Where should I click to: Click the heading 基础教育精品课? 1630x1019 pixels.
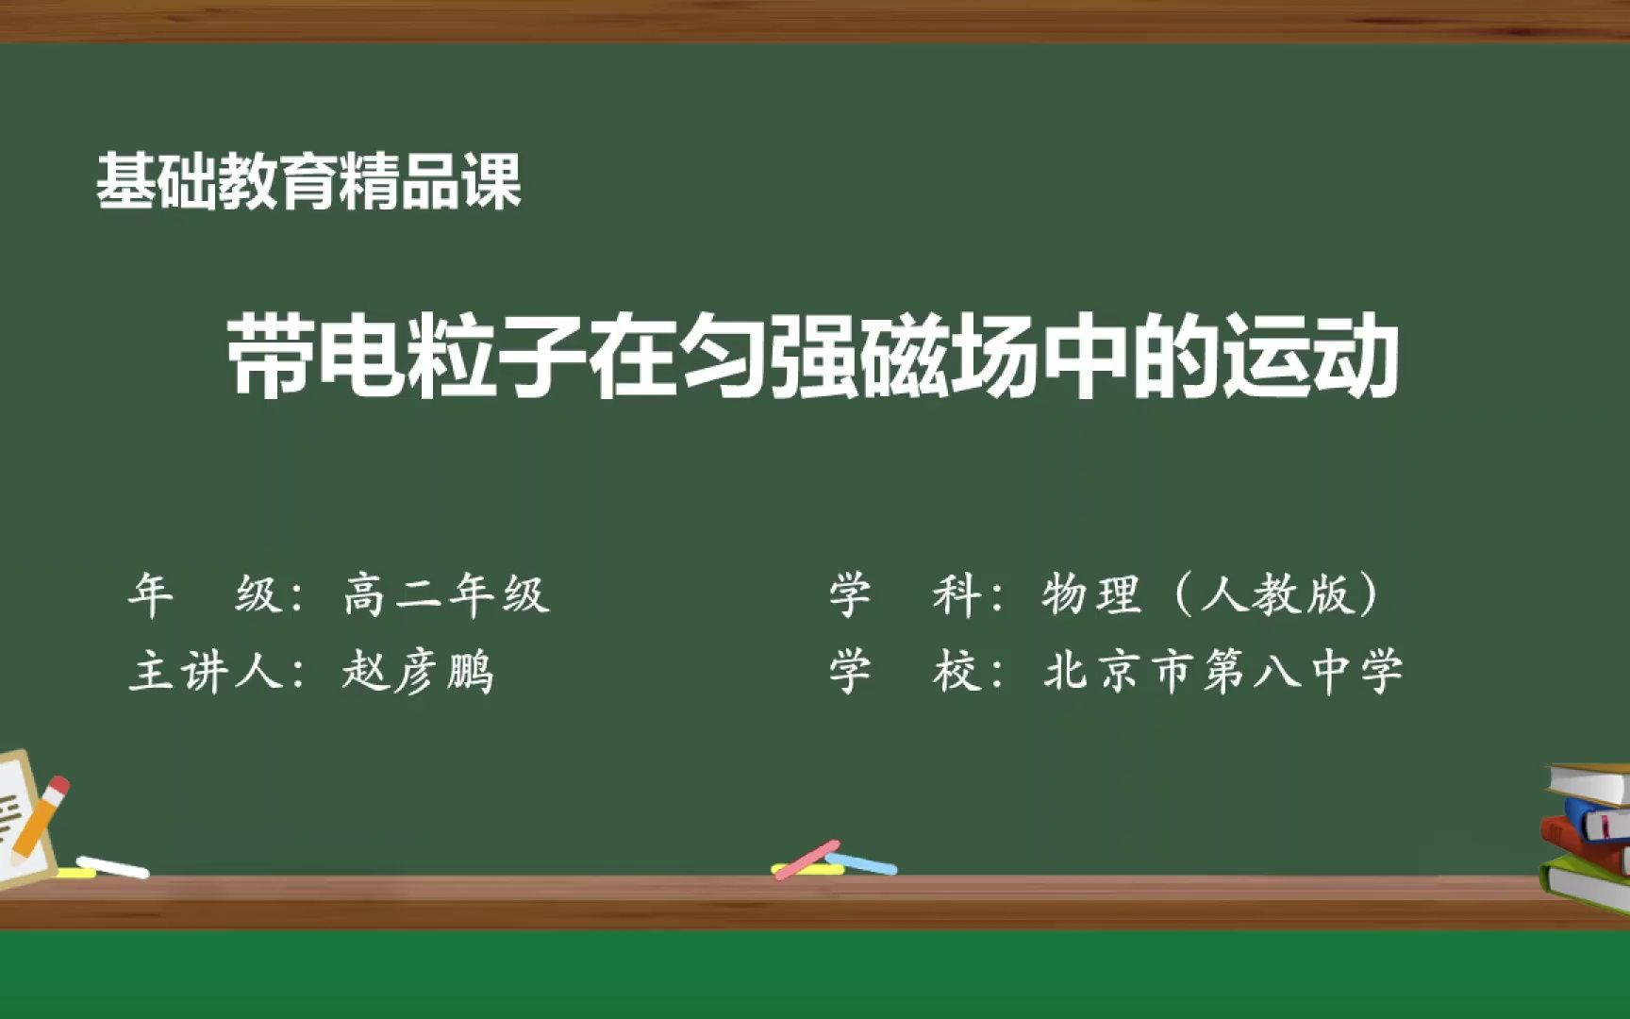click(308, 181)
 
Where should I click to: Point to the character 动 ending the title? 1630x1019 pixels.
click(1356, 358)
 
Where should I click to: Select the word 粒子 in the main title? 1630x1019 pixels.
click(495, 358)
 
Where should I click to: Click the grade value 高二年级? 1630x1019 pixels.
click(446, 594)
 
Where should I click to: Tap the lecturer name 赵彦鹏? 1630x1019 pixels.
click(418, 673)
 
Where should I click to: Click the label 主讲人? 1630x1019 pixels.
click(206, 673)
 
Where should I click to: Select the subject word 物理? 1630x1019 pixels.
click(1091, 594)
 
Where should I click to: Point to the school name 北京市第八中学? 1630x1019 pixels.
click(1223, 673)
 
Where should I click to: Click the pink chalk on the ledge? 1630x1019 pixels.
click(807, 860)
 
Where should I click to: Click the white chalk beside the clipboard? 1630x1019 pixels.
click(112, 866)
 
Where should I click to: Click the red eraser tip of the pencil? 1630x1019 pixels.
click(58, 787)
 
